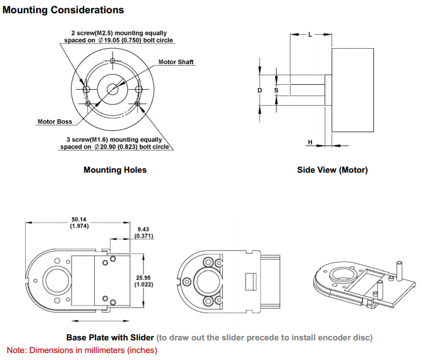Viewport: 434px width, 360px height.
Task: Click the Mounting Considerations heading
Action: point(63,10)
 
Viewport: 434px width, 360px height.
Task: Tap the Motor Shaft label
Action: point(176,62)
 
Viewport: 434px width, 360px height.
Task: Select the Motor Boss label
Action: point(55,121)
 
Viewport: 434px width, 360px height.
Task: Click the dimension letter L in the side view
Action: point(310,35)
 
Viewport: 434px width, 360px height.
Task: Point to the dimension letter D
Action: point(260,90)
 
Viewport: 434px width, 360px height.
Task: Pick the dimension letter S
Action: point(276,90)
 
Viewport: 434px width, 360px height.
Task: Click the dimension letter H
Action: point(310,142)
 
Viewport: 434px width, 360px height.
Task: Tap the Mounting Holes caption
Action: point(115,170)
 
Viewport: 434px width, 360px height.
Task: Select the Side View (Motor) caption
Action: point(332,170)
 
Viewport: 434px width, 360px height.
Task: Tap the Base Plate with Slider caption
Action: point(110,337)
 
